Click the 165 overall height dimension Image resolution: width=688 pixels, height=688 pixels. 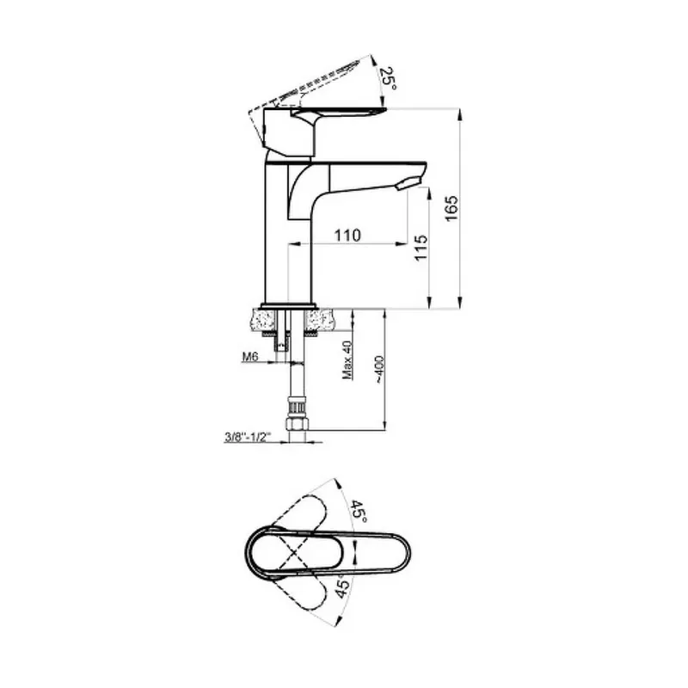point(451,208)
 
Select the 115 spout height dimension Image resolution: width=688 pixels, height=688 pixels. point(421,249)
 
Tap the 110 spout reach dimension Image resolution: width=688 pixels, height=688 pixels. point(347,235)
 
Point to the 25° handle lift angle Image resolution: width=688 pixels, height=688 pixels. point(388,78)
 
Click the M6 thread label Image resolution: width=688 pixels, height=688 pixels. point(249,357)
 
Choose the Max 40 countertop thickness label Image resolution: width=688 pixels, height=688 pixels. point(347,359)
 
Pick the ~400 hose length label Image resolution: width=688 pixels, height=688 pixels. point(379,370)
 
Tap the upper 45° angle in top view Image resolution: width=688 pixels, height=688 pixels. point(359,511)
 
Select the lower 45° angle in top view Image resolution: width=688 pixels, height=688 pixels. point(343,587)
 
